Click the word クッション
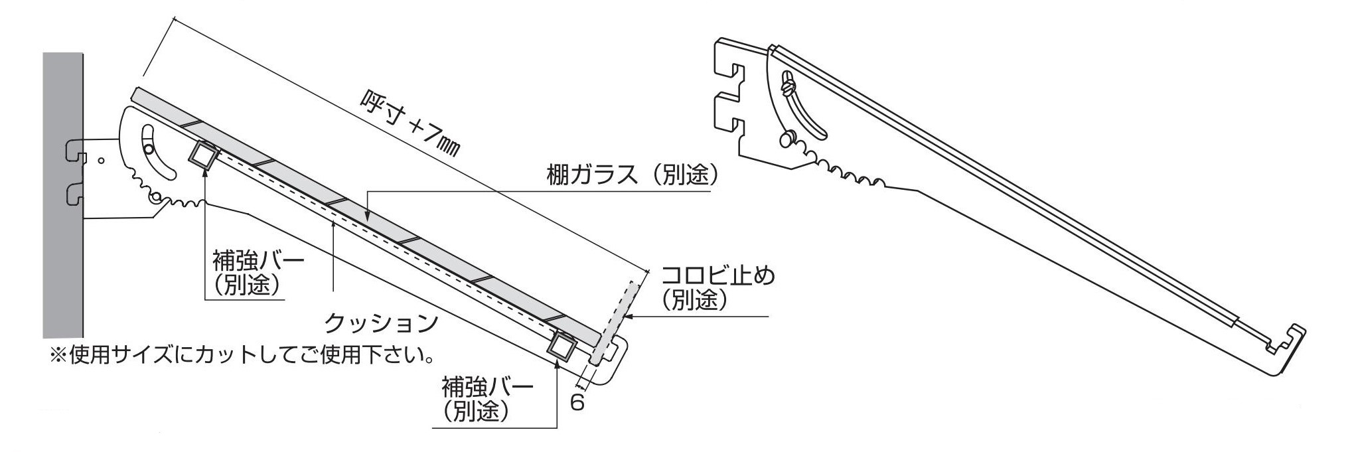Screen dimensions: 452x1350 coord(381,324)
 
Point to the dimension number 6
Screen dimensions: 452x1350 coord(577,403)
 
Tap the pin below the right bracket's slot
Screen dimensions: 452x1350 coord(786,139)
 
